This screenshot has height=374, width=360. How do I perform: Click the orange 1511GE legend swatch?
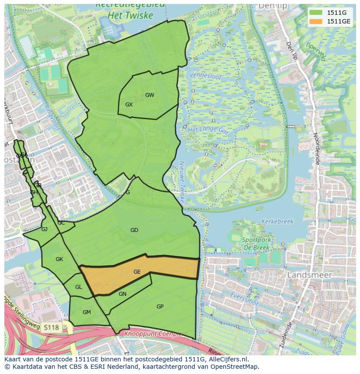click(x=316, y=21)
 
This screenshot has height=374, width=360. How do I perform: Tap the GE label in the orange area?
click(x=137, y=272)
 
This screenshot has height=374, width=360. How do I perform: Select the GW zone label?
click(x=150, y=95)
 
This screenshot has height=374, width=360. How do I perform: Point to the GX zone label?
click(x=129, y=105)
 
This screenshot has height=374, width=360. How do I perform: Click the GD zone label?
click(x=134, y=230)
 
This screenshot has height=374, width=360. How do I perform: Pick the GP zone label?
click(x=160, y=307)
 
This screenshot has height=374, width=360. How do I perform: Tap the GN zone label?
click(x=123, y=294)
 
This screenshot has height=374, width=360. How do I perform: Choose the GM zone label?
click(x=87, y=312)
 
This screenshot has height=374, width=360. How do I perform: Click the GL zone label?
click(x=78, y=287)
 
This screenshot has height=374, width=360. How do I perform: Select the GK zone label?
click(x=60, y=259)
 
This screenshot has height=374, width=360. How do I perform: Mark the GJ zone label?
click(x=44, y=229)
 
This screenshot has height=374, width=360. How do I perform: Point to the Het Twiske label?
click(x=131, y=16)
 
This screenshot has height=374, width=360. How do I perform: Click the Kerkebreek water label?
click(x=277, y=221)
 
